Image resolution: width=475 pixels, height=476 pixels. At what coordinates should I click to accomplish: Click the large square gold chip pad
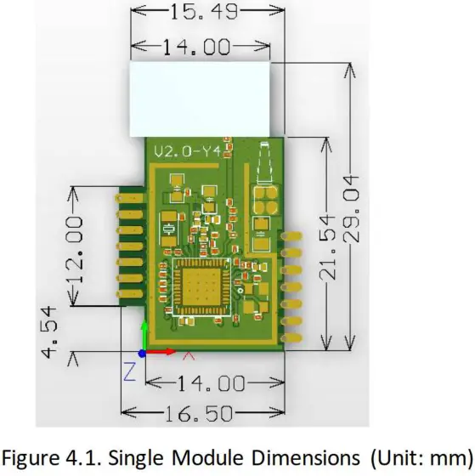point(201,286)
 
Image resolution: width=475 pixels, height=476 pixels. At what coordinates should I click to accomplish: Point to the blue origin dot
point(143,352)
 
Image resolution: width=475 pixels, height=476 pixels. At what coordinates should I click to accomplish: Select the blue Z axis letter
point(130,371)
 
